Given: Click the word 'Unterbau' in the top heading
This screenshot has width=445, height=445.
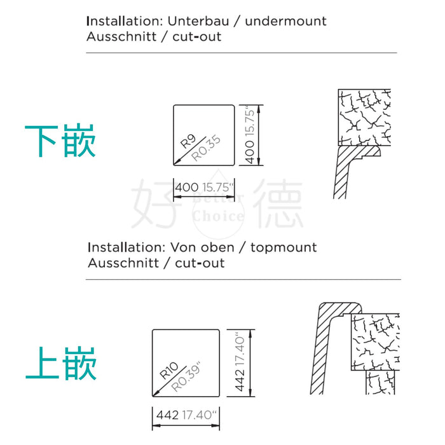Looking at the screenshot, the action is pyautogui.click(x=198, y=21).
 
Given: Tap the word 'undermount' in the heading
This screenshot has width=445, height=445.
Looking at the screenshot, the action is pyautogui.click(x=285, y=21).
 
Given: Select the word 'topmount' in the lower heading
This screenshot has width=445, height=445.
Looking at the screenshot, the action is pyautogui.click(x=284, y=248).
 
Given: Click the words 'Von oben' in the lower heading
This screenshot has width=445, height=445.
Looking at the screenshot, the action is pyautogui.click(x=202, y=247).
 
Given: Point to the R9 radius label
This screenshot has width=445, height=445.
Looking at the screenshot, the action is pyautogui.click(x=188, y=141).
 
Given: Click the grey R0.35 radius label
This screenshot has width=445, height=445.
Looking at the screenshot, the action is pyautogui.click(x=206, y=148).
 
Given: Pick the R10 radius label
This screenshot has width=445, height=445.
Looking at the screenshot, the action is pyautogui.click(x=168, y=371).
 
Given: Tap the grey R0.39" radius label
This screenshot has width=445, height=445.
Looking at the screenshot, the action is pyautogui.click(x=186, y=376).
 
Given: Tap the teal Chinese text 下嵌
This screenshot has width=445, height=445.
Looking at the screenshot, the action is pyautogui.click(x=60, y=140).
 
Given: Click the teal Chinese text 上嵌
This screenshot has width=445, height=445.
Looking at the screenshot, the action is pyautogui.click(x=61, y=363).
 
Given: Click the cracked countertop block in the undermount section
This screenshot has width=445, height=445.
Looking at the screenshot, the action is pyautogui.click(x=364, y=118).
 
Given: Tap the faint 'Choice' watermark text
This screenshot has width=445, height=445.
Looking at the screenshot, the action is pyautogui.click(x=218, y=216).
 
